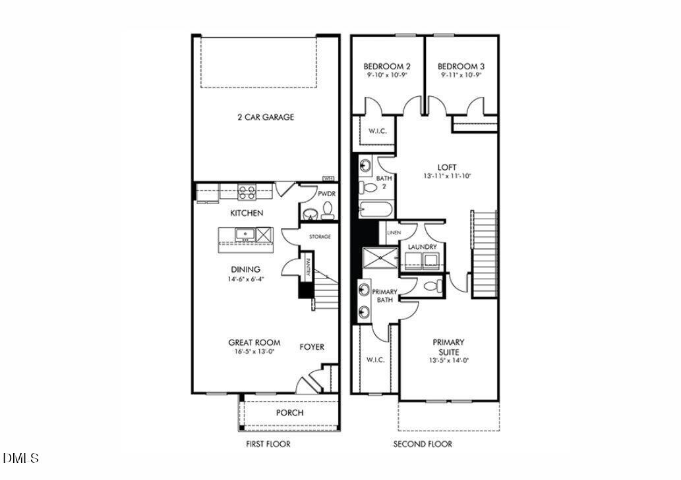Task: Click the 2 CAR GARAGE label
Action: click(266, 117)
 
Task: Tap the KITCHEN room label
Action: click(247, 213)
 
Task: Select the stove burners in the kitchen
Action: click(247, 192)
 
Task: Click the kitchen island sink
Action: click(244, 234)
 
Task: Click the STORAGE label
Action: click(320, 236)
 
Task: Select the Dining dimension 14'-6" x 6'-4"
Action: click(245, 279)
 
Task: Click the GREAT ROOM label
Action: click(254, 342)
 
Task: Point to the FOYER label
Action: click(312, 347)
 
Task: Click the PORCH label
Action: click(289, 413)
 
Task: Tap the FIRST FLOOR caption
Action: click(268, 444)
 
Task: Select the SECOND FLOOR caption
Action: click(423, 444)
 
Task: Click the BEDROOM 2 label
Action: click(387, 67)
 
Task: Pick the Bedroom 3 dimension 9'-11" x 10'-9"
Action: click(461, 76)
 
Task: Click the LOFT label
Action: click(447, 167)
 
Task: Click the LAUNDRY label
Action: click(422, 247)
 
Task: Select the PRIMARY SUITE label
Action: click(448, 346)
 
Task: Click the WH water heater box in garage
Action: click(327, 178)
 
